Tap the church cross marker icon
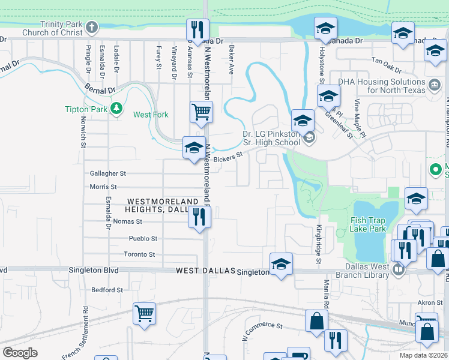91,28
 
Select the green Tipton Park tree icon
116,109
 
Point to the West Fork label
151,115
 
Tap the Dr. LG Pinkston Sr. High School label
271,138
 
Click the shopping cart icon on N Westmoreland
201,111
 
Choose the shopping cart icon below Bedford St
145,313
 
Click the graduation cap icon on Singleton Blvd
280,264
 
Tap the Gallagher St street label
107,173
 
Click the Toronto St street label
139,254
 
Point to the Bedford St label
107,290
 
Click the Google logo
20,353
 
